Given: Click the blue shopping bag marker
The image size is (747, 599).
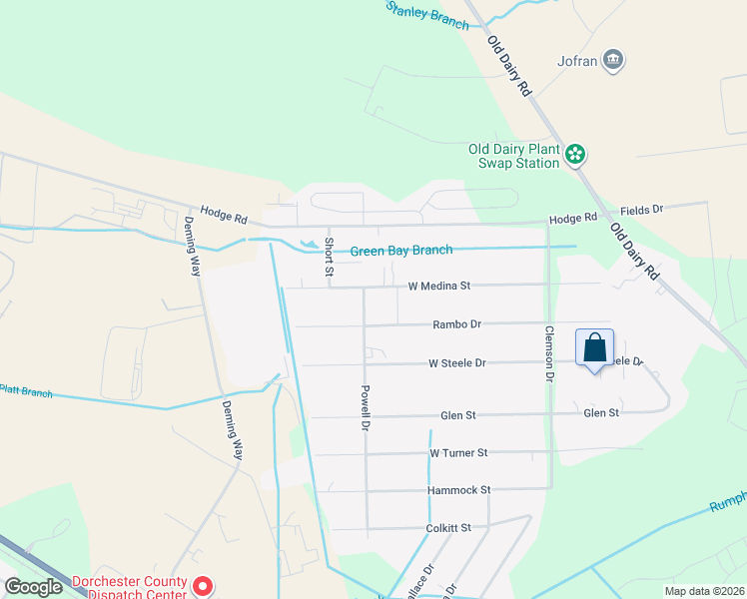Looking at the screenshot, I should coord(594,348).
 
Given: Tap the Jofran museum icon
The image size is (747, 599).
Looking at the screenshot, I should coord(614,61).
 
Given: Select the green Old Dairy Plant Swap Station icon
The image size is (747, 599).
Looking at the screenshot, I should coord(575,154).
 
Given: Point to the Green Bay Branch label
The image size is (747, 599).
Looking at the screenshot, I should coord(400,251).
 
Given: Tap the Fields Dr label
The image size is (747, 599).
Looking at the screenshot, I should coord(641,211).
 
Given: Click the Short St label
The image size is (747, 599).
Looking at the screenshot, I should coord(328,257).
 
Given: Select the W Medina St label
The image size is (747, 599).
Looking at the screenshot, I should coord(438,287).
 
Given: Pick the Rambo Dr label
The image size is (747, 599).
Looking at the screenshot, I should coord(456,324).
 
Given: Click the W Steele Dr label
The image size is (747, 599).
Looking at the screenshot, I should coord(456,363).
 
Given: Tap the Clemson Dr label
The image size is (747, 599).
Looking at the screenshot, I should coord(548,354).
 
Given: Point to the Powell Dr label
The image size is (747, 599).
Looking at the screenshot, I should coord(366,408).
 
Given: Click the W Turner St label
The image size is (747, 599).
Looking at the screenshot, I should coord(457,453).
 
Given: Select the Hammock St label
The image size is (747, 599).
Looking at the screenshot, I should coord(458,490).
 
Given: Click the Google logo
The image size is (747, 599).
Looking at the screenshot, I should coord(33,587).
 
